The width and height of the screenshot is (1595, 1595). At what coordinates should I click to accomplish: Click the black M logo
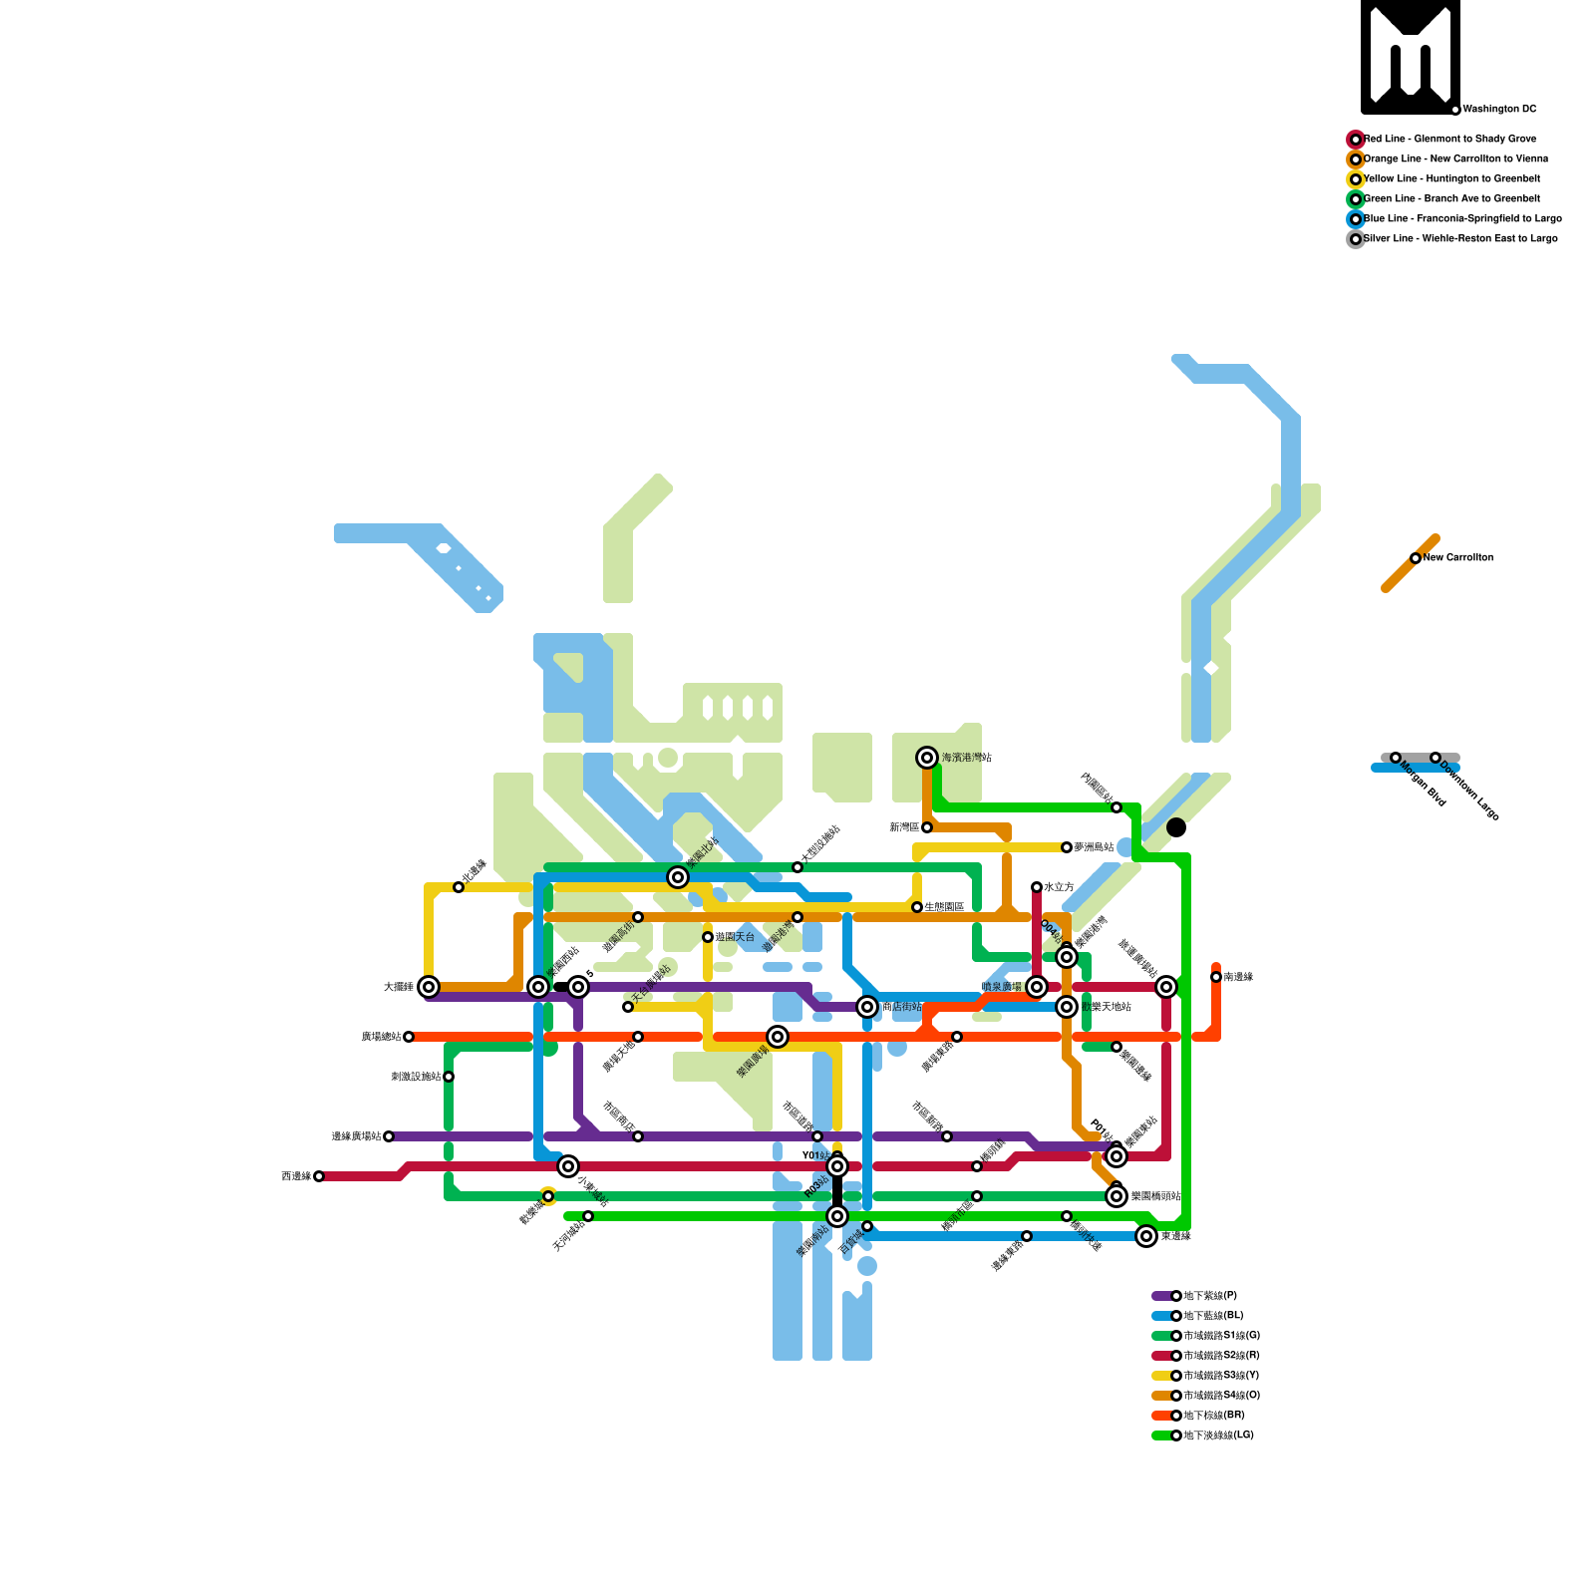coord(1410,56)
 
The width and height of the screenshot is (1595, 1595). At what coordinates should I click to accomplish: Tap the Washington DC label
coord(1499,110)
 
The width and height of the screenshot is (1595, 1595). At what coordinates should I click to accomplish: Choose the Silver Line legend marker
coord(1356,239)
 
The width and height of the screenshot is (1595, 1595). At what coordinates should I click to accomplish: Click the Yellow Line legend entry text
coord(1451,179)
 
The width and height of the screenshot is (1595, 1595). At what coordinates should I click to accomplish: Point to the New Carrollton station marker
coord(1416,558)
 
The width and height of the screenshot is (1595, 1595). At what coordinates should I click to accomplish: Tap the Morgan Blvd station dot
coord(1396,758)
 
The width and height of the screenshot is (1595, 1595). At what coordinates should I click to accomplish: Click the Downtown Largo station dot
coord(1435,758)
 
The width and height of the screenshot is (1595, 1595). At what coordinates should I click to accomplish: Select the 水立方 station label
coord(1059,887)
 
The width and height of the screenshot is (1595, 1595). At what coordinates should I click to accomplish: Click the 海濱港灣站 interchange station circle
coord(927,758)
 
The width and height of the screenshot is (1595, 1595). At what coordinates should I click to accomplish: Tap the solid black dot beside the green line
coord(1176,827)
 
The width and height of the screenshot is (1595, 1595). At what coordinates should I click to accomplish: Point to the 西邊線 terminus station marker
coord(319,1176)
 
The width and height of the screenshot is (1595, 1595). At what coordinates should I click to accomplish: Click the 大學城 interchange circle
coord(429,987)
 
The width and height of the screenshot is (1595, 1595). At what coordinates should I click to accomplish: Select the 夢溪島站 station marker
coord(1067,847)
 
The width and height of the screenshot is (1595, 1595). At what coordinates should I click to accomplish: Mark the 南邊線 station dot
coord(1216,977)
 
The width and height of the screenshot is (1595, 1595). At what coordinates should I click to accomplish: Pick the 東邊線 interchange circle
coord(1146,1236)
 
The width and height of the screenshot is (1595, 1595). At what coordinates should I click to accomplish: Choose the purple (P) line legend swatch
coord(1161,1296)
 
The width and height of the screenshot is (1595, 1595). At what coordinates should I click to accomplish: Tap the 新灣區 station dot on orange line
coord(927,827)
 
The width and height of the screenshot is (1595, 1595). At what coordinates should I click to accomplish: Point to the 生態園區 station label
coord(944,907)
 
